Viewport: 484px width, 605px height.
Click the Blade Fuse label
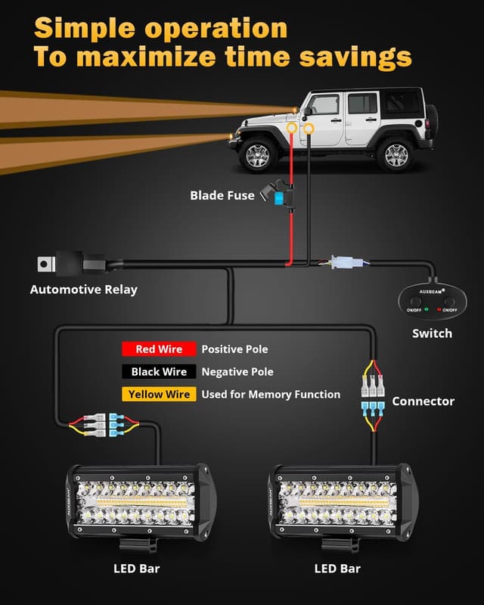pos(222,196)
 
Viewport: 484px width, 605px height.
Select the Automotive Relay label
pos(83,289)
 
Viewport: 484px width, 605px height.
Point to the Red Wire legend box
pos(159,349)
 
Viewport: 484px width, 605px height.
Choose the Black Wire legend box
pos(159,372)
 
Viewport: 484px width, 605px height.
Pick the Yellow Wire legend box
pos(159,395)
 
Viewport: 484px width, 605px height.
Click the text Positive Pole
pos(234,349)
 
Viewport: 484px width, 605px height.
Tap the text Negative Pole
pos(237,372)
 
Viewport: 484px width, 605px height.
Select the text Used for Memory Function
pos(271,395)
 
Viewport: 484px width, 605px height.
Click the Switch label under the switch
pos(432,334)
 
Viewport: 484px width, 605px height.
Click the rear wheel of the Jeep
pos(395,154)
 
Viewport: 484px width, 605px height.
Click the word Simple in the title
pos(84,28)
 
